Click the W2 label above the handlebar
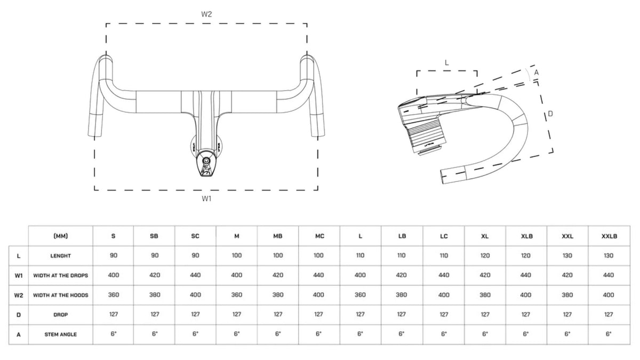point(206,14)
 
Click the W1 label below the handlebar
point(206,198)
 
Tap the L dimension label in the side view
point(446,63)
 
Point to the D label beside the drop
point(550,114)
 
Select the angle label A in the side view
point(537,73)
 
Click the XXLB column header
point(609,236)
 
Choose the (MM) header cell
point(61,236)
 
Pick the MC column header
point(319,236)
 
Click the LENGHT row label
point(61,255)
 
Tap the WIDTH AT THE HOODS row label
point(61,295)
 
